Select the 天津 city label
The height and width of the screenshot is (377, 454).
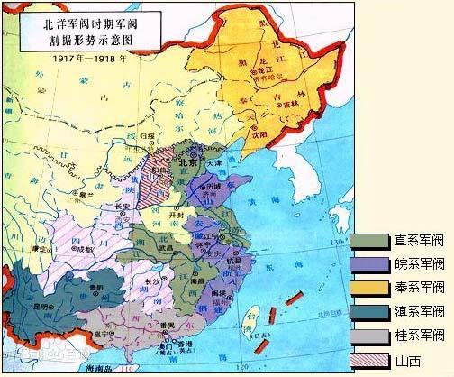pyautogui.click(x=213, y=163)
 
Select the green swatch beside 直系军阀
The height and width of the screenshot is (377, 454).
pyautogui.click(x=369, y=242)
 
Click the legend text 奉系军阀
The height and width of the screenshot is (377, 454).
pyautogui.click(x=419, y=289)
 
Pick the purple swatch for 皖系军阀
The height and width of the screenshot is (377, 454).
pyautogui.click(x=369, y=265)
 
